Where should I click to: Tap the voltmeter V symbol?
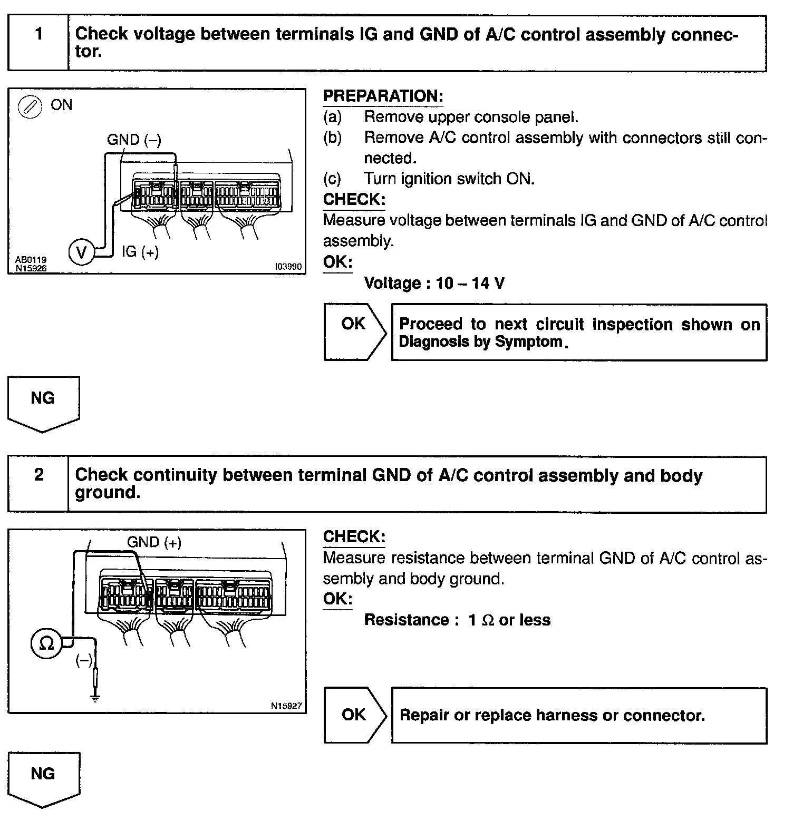point(81,252)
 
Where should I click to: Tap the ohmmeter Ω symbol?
point(46,643)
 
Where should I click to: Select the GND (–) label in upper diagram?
point(134,140)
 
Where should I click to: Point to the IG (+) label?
point(140,252)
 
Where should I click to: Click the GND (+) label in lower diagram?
point(154,542)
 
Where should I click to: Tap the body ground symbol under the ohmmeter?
point(95,699)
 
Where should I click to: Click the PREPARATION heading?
point(383,96)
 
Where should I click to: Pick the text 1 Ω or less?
point(509,620)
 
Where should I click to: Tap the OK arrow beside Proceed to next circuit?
point(354,331)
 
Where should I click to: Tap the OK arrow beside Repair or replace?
point(354,715)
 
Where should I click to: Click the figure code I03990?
point(288,267)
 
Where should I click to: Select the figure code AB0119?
point(31,260)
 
